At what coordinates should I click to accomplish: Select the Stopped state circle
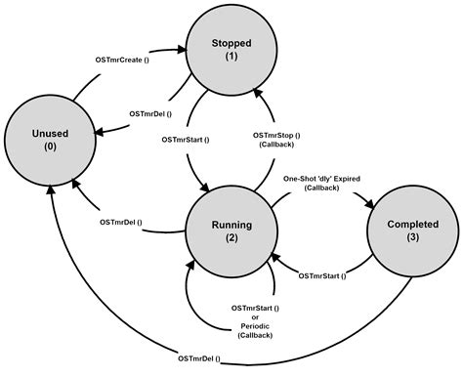(231, 49)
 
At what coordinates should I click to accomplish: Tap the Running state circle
(231, 230)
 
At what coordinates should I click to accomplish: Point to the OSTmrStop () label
(276, 135)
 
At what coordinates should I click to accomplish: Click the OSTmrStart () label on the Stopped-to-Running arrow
(185, 140)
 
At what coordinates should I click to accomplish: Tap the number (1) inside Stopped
(231, 57)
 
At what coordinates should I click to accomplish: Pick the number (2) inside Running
(231, 238)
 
